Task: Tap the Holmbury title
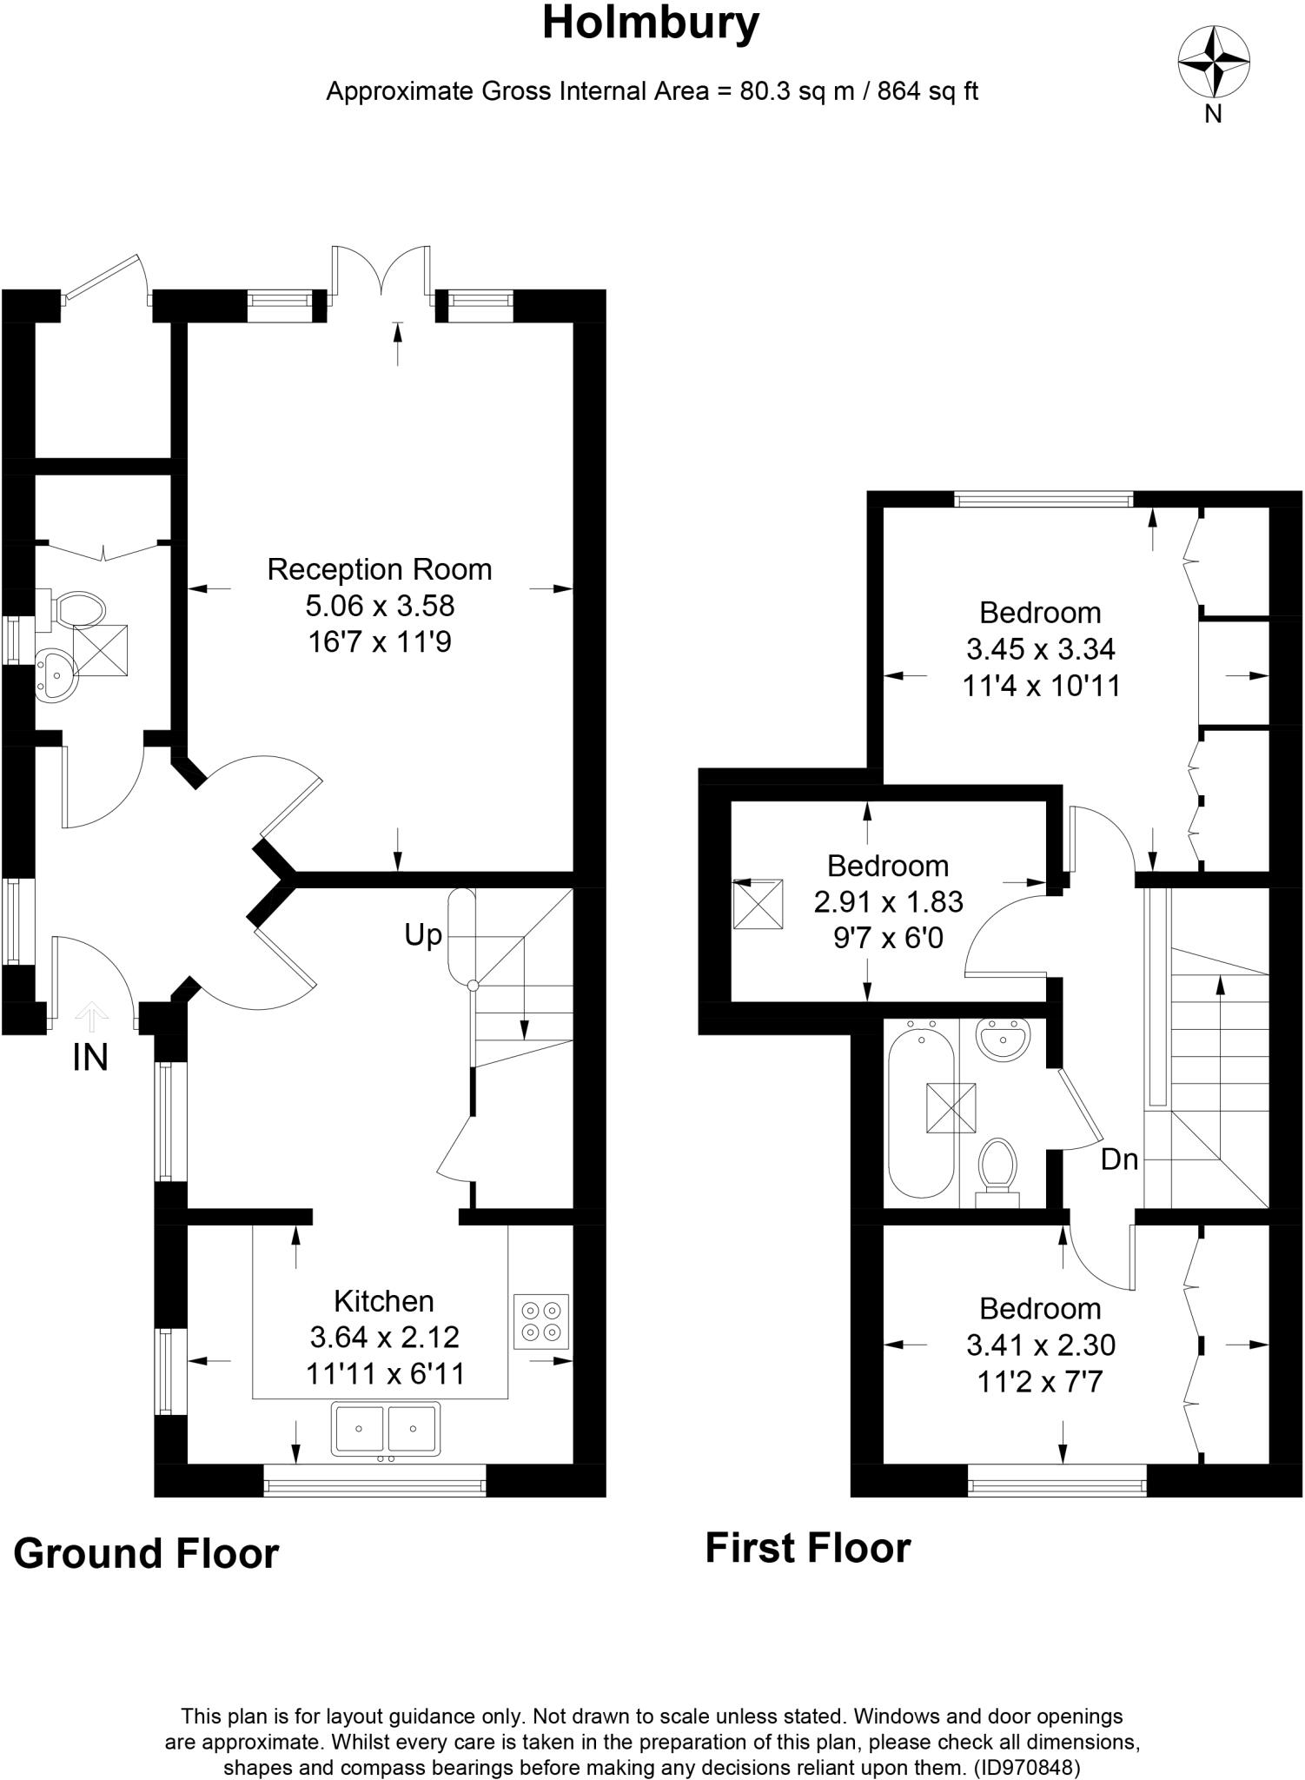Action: point(651,23)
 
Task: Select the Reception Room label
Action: point(380,569)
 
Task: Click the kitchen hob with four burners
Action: point(540,1322)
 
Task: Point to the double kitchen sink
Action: point(385,1428)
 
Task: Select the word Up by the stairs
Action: point(423,935)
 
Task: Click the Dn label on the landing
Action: point(1119,1159)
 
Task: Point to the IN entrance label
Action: point(90,1058)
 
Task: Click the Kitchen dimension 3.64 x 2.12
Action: point(384,1337)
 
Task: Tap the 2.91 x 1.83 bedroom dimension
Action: point(888,901)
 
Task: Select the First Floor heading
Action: point(807,1548)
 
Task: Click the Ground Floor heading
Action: point(146,1553)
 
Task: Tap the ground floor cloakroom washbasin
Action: point(56,675)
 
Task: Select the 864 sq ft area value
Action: point(928,91)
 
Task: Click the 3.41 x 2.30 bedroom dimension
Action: point(1040,1345)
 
